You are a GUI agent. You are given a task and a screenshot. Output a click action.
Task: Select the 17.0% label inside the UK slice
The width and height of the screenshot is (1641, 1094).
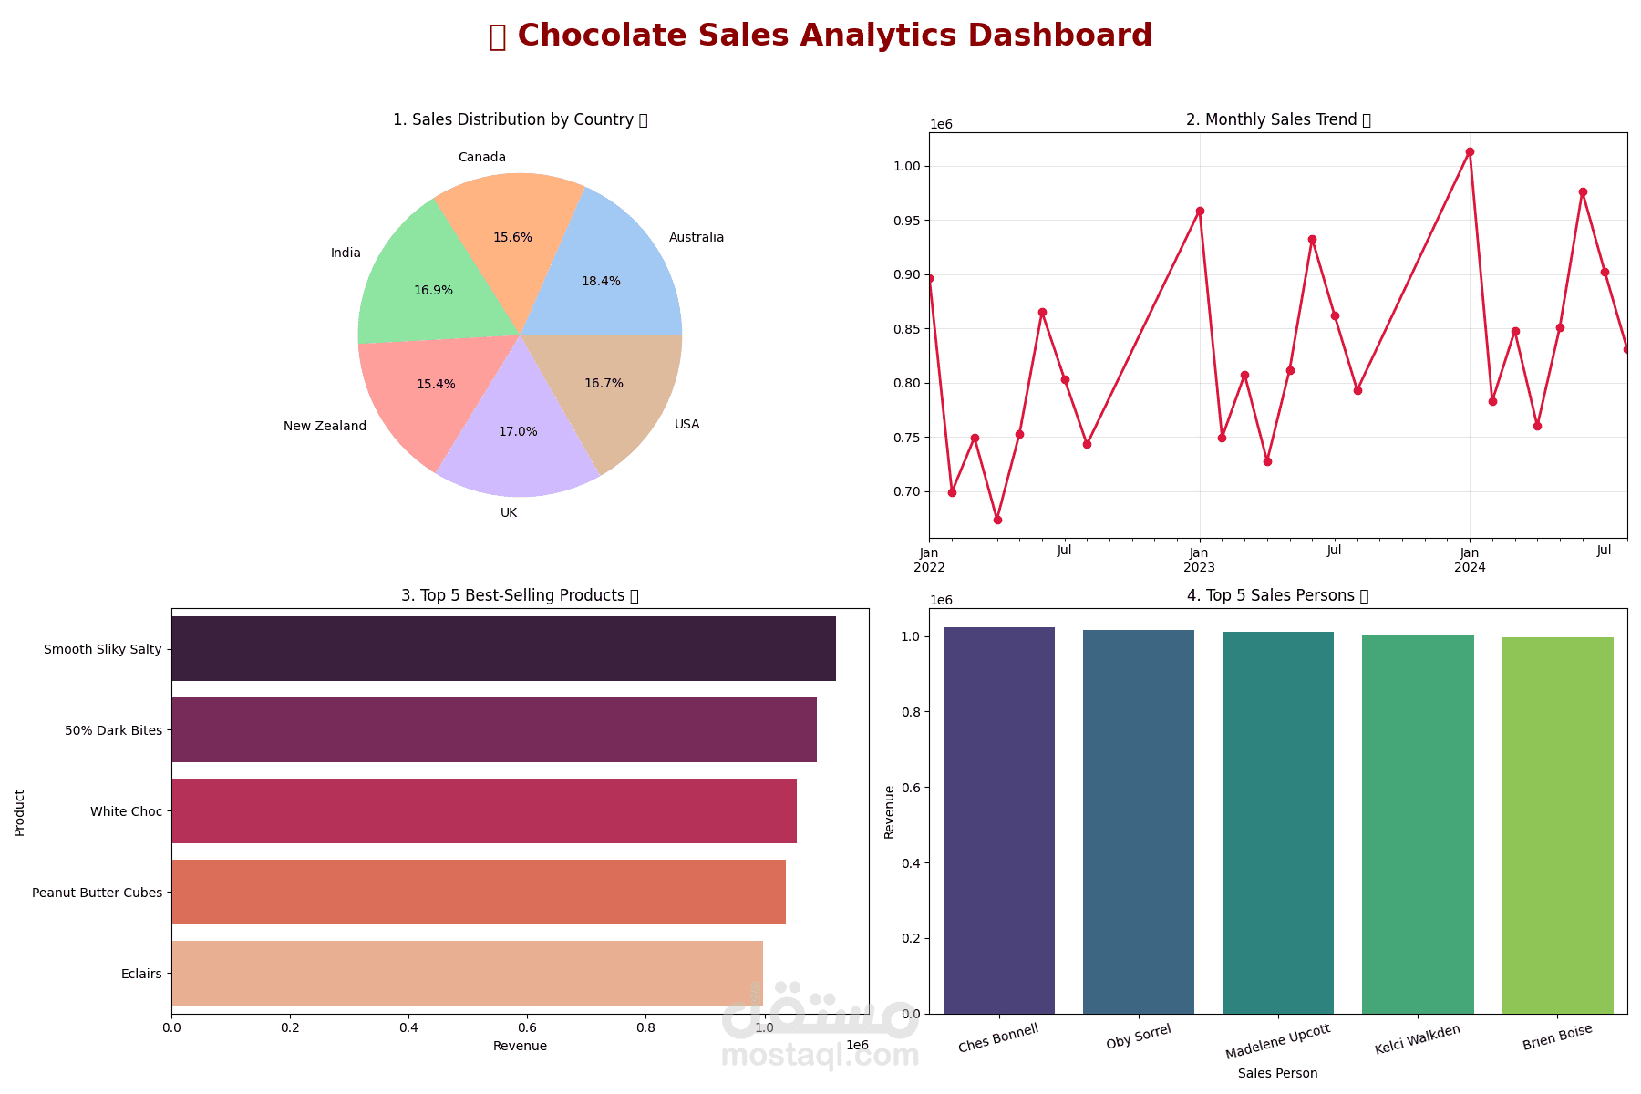(518, 432)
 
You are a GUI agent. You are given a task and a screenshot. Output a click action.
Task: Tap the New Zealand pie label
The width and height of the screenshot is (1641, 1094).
(325, 427)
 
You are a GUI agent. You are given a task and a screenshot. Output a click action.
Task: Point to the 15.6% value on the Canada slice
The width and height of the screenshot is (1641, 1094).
(512, 238)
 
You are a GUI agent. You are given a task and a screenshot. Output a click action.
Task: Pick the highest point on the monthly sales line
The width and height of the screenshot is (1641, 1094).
(1470, 152)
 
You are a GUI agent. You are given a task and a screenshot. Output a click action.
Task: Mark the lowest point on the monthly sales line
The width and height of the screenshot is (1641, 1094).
(997, 520)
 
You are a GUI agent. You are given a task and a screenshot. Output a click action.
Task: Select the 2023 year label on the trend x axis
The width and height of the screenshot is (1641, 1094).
(1199, 568)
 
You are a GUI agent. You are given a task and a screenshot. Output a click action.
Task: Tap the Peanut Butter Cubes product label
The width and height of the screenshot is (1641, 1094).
(97, 893)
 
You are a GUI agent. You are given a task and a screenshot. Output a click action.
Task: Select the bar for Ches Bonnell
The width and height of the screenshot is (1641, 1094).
(999, 820)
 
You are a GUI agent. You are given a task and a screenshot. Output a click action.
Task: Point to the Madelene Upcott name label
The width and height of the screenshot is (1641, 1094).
(1278, 1041)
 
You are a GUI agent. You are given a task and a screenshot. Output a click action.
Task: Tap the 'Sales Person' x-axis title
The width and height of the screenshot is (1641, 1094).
(1277, 1074)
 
